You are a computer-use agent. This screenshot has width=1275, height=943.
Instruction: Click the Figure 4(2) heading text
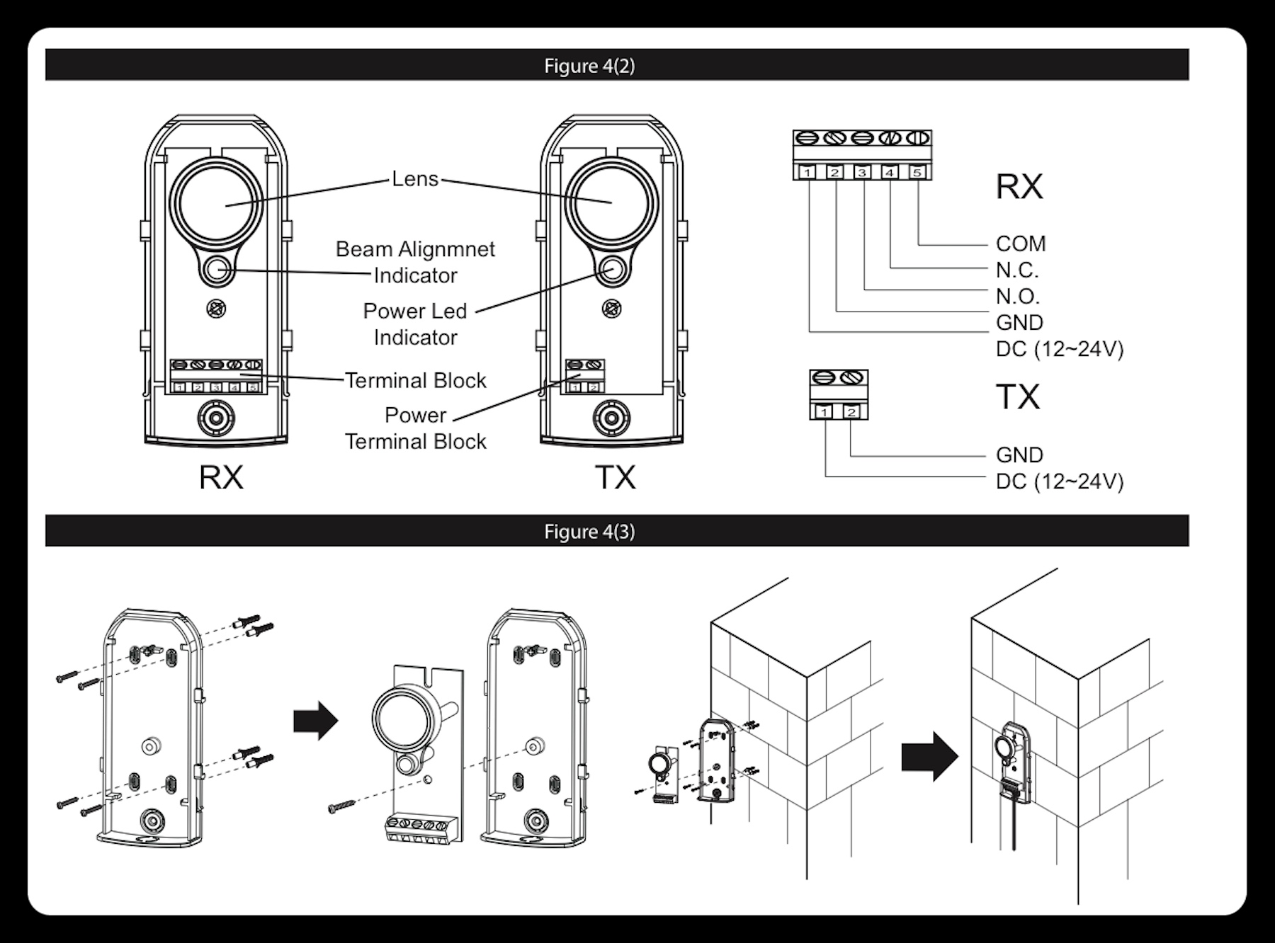click(589, 66)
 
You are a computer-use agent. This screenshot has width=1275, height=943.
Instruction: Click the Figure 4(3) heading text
click(589, 532)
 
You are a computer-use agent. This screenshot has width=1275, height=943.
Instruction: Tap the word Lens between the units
click(415, 179)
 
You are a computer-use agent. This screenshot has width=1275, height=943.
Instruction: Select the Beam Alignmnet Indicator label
click(415, 262)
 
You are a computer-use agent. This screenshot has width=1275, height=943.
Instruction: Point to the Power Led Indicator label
click(415, 324)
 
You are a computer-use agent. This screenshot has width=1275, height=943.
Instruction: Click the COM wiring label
click(1021, 244)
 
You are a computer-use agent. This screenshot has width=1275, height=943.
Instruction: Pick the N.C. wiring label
click(1017, 270)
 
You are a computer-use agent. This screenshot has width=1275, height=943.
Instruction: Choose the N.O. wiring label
click(1017, 296)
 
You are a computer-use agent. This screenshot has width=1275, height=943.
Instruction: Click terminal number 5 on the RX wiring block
click(917, 172)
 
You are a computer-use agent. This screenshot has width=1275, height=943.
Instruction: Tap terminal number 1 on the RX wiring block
click(808, 172)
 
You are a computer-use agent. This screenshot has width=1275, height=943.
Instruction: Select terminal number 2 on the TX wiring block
click(852, 412)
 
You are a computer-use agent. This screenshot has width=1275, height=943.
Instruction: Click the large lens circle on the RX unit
click(215, 203)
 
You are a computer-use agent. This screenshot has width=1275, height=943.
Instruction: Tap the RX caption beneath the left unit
click(221, 477)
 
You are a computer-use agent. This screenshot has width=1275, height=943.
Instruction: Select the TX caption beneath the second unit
click(615, 477)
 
